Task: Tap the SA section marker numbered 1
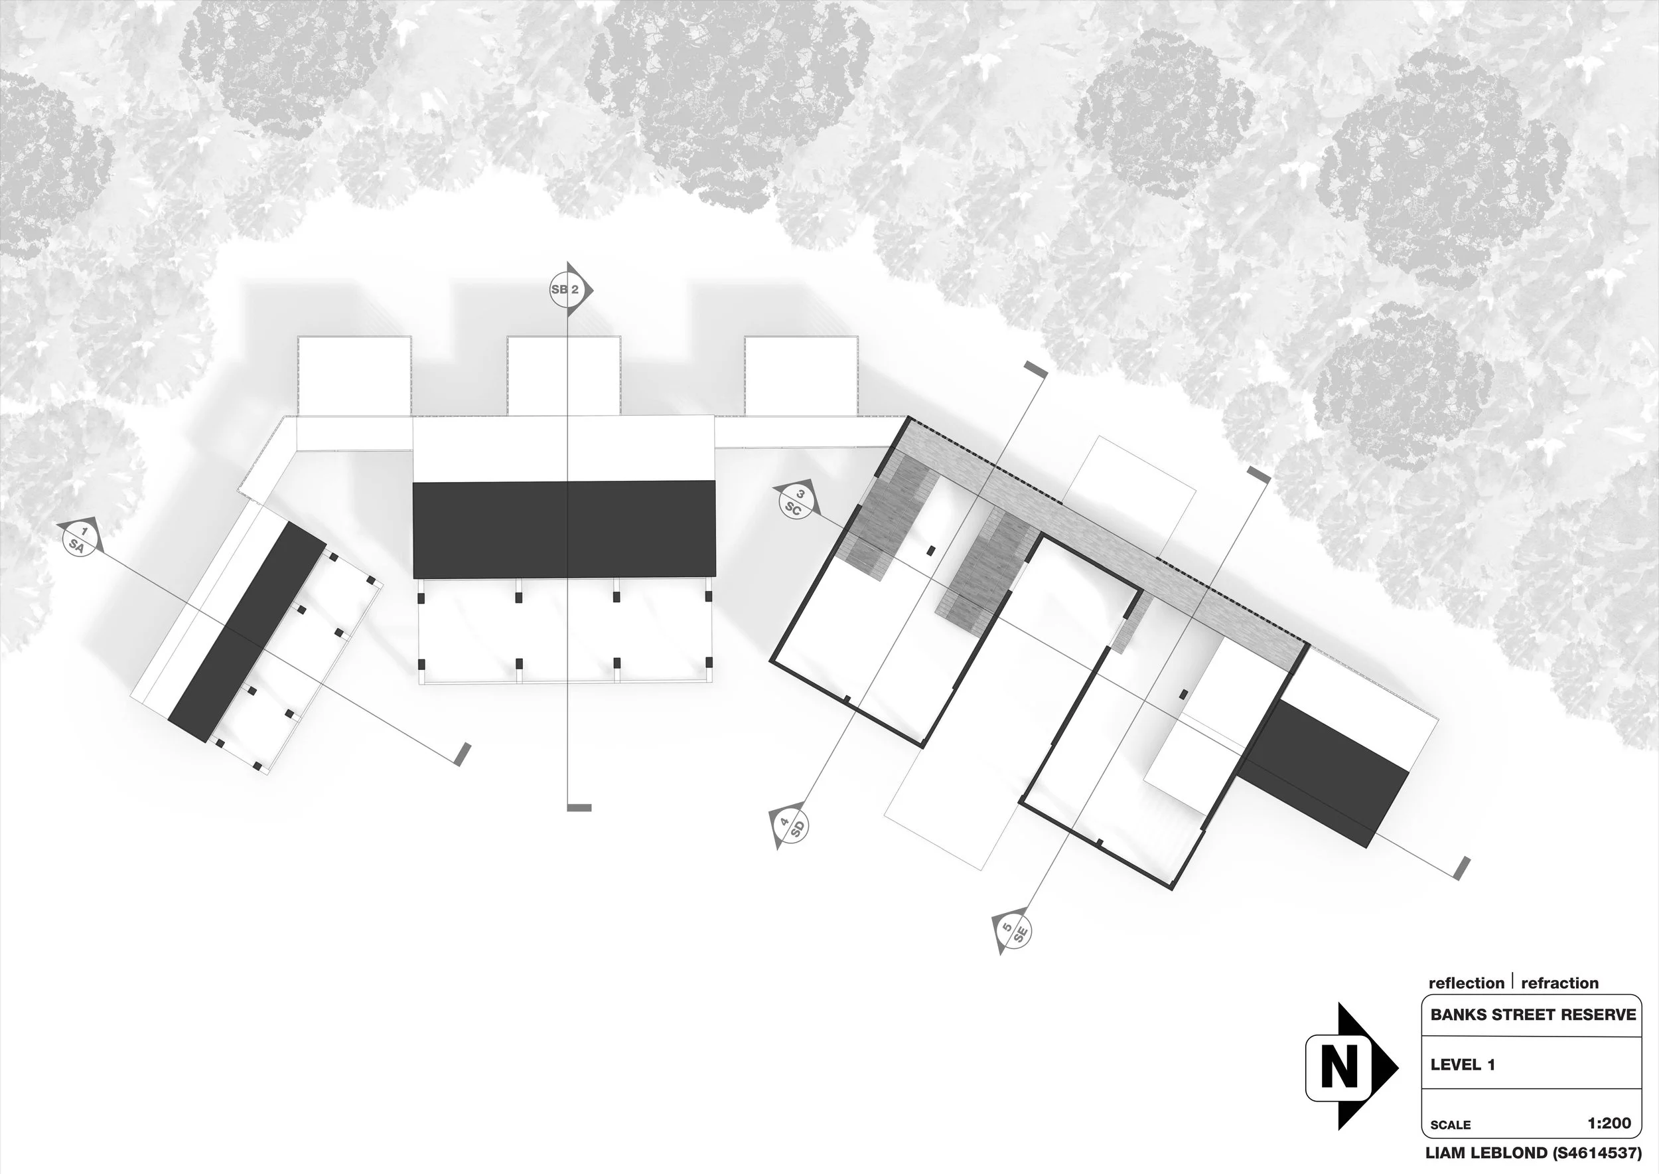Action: (80, 539)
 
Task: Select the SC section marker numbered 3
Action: (796, 499)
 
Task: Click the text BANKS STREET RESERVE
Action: (1532, 1014)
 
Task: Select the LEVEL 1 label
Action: (1463, 1064)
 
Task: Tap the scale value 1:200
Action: (1609, 1123)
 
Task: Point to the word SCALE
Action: (1450, 1125)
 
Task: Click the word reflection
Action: (1466, 983)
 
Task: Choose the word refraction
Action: (1559, 983)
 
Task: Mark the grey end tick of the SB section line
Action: (579, 807)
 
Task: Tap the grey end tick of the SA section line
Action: (463, 754)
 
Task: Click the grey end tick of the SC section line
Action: (1464, 868)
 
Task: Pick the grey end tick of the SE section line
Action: (1259, 473)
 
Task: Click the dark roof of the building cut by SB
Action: (563, 529)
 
